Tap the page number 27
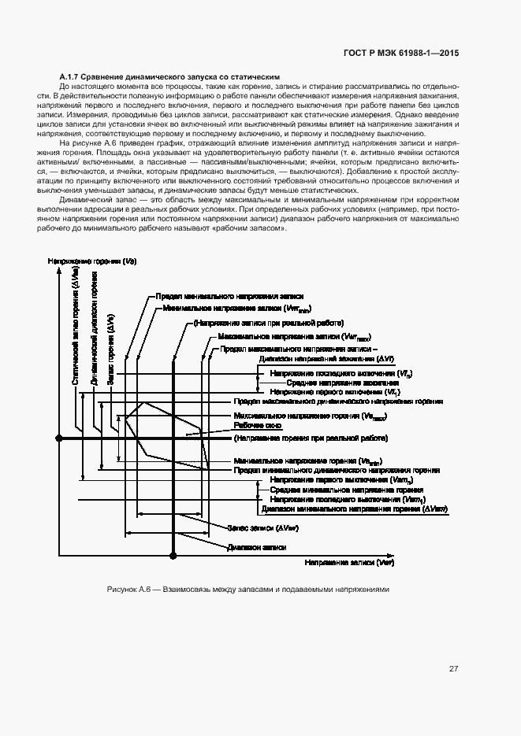click(453, 669)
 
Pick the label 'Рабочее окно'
click(252, 425)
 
